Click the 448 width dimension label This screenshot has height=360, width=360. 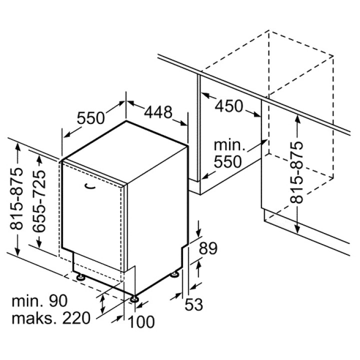coord(158,112)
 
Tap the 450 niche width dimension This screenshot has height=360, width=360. coord(228,106)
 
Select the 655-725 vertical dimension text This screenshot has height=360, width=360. coord(39,201)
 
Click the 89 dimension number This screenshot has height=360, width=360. coord(208,248)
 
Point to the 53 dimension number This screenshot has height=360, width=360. coord(194,304)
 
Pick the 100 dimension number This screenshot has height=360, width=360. coord(141,322)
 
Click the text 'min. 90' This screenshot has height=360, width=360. coord(39,301)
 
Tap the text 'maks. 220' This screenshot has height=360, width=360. coord(51,318)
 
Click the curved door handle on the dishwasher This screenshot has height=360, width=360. coord(89,186)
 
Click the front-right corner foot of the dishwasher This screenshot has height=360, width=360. coord(134,298)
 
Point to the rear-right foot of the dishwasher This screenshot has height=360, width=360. coord(175,274)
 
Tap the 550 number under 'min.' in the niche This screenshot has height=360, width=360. coord(228,161)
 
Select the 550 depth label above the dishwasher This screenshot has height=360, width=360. coord(90,118)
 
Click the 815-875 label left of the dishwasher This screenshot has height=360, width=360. coord(16,199)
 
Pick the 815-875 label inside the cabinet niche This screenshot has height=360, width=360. coord(296,172)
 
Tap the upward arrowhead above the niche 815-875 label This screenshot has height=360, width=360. coord(297,118)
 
